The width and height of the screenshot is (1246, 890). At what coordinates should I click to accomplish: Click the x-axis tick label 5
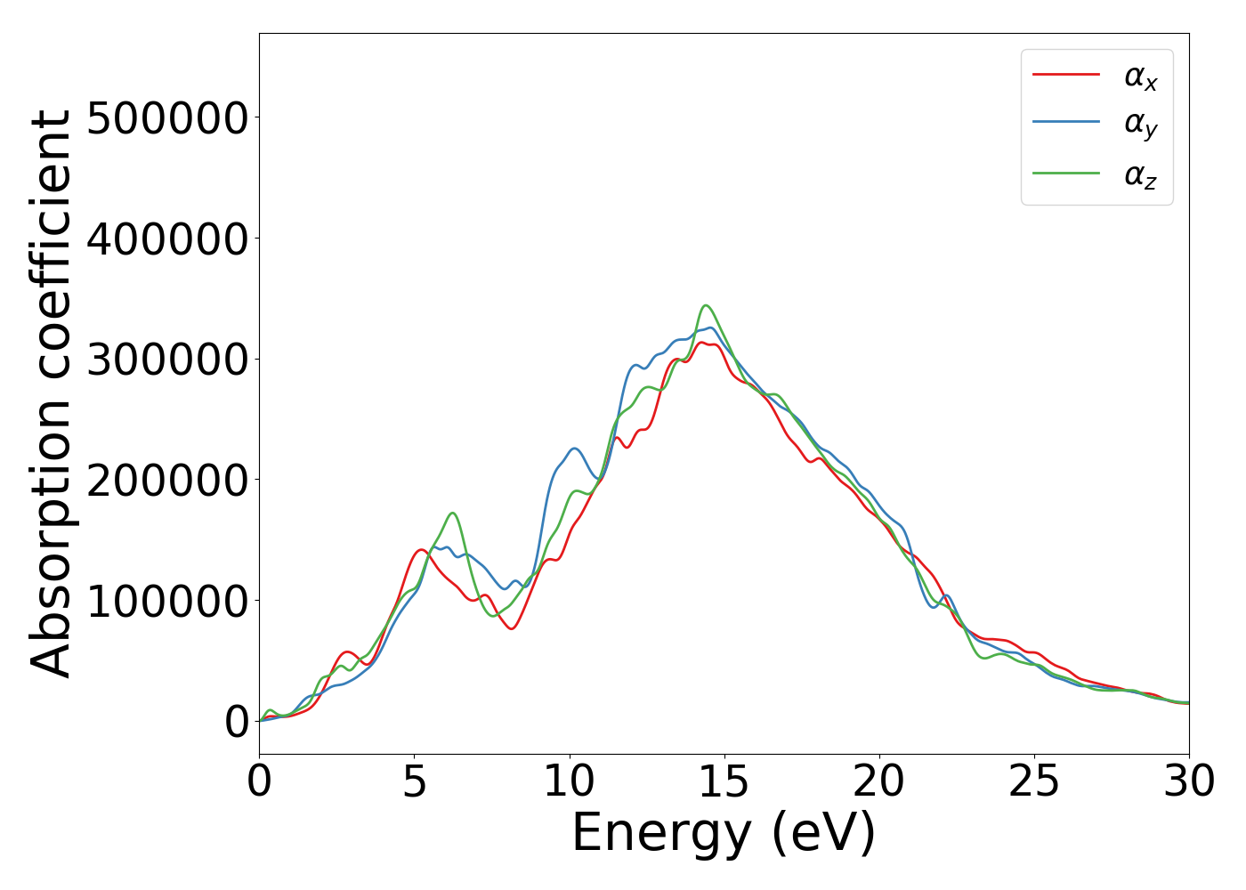coord(414,782)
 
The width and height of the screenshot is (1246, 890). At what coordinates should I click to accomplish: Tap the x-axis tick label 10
coord(569,782)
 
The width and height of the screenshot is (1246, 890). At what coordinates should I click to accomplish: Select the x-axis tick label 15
coord(724,782)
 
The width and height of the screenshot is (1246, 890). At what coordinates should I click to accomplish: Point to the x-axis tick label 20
coord(878,782)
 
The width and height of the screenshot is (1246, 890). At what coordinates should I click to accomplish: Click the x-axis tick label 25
coord(1034,782)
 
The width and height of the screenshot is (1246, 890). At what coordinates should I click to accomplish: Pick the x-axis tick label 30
coord(1188,782)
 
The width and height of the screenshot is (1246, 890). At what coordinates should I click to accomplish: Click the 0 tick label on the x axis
coord(259,782)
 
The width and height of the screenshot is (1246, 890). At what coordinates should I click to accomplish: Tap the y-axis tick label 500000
coord(167,117)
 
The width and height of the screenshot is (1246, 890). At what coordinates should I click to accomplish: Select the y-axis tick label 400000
coord(167,239)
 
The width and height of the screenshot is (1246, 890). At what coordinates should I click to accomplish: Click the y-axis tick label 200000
coord(167,480)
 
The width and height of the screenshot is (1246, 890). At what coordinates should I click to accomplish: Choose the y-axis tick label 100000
coord(167,601)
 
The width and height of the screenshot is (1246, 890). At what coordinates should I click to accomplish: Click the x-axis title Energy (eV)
coord(724,834)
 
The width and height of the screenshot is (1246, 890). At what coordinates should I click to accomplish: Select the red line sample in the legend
coord(1066,75)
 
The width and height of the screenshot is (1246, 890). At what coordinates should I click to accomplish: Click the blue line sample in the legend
coord(1066,124)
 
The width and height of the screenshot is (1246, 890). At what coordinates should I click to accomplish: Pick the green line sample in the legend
coord(1066,173)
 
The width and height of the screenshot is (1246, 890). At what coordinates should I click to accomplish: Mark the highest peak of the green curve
coord(706,305)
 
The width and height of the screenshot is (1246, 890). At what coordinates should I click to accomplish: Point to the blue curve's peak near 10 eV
coord(574,449)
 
